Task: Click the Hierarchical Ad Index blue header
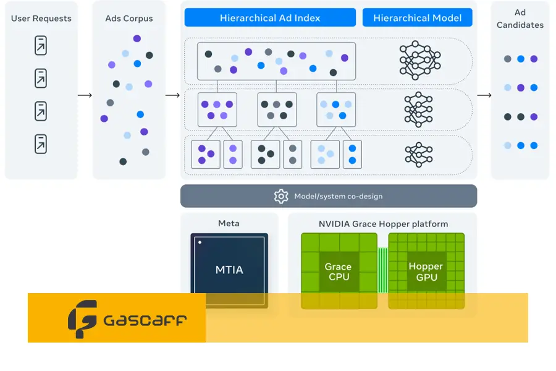[x=270, y=18]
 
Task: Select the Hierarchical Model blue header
[x=418, y=18]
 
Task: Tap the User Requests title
[x=41, y=19]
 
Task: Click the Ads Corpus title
[x=129, y=19]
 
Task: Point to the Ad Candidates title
[x=520, y=19]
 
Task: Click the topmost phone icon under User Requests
[x=41, y=46]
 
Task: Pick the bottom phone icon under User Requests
[x=41, y=143]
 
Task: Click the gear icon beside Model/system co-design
[x=281, y=196]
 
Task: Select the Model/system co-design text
[x=339, y=197]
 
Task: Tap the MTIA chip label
[x=229, y=270]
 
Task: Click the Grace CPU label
[x=339, y=272]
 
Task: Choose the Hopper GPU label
[x=426, y=272]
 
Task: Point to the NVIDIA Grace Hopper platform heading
[x=383, y=224]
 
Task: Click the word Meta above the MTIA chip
[x=229, y=223]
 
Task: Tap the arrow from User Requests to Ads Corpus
[x=85, y=95]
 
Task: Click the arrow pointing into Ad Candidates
[x=484, y=95]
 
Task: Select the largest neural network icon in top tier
[x=419, y=60]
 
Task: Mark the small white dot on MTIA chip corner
[x=200, y=242]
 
